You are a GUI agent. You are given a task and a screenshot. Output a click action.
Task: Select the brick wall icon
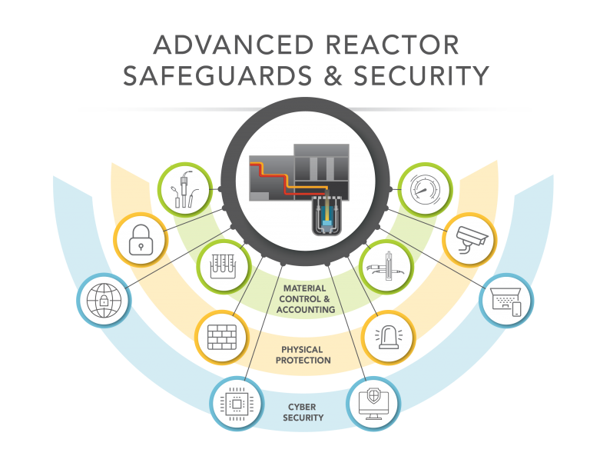(x=220, y=338)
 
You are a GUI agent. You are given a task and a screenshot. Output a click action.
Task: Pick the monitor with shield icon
(x=375, y=402)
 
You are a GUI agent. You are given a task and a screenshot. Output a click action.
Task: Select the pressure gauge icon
(x=424, y=188)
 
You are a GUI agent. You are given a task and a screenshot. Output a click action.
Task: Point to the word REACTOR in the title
(x=399, y=45)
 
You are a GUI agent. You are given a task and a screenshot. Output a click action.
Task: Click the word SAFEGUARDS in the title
(x=224, y=76)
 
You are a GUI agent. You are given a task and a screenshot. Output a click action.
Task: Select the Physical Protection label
(x=307, y=354)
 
